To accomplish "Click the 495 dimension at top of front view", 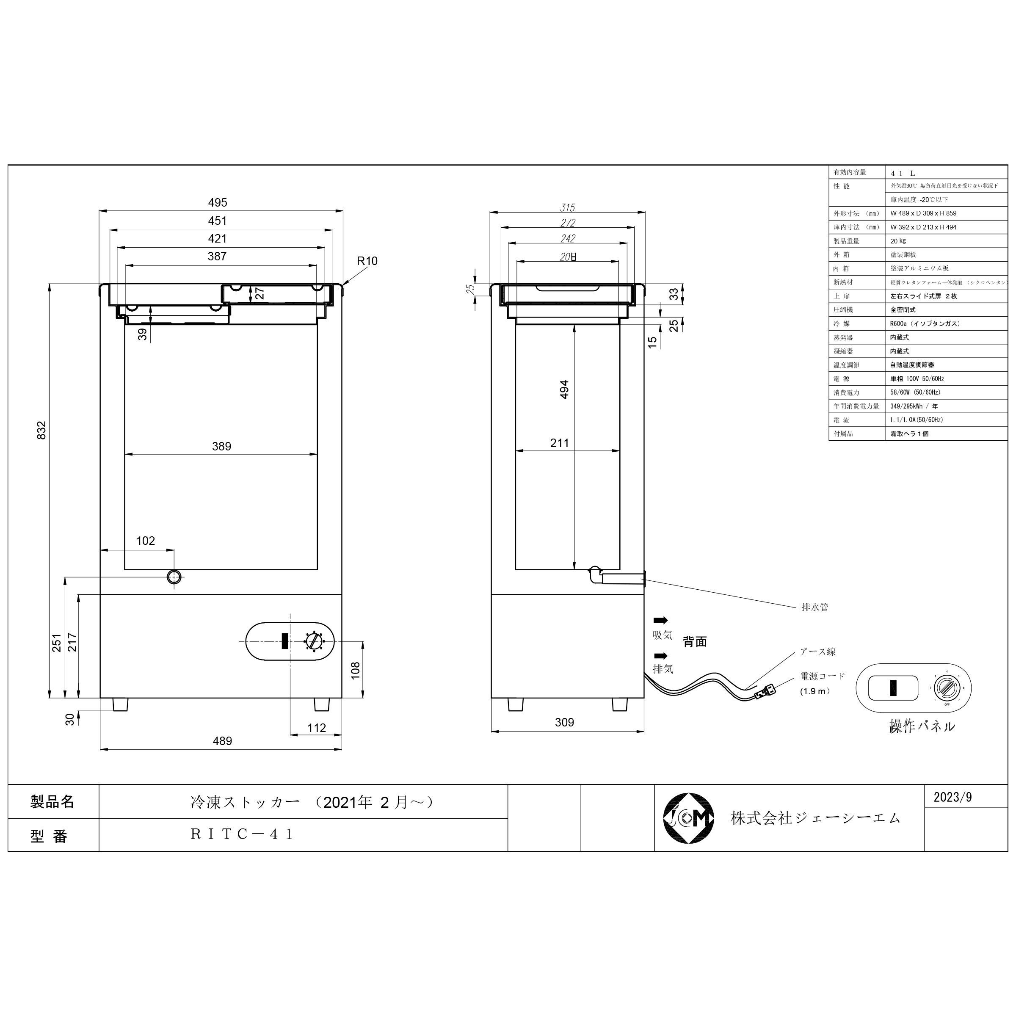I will [x=217, y=202].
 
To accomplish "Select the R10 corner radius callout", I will [x=367, y=261].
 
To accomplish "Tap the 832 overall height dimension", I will [x=41, y=430].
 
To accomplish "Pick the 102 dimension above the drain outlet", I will [x=146, y=541].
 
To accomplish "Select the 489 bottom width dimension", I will [x=222, y=741].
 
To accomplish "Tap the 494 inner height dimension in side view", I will [x=564, y=389].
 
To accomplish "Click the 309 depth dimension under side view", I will [x=564, y=723].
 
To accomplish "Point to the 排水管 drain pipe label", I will [x=814, y=607].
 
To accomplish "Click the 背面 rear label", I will [x=695, y=642].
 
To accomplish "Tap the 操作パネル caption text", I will [x=922, y=727].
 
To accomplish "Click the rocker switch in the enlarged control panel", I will [x=893, y=688].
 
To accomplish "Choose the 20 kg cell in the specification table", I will [x=898, y=241].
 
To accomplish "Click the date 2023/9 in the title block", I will [x=952, y=797].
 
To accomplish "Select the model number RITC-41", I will [x=242, y=834].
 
